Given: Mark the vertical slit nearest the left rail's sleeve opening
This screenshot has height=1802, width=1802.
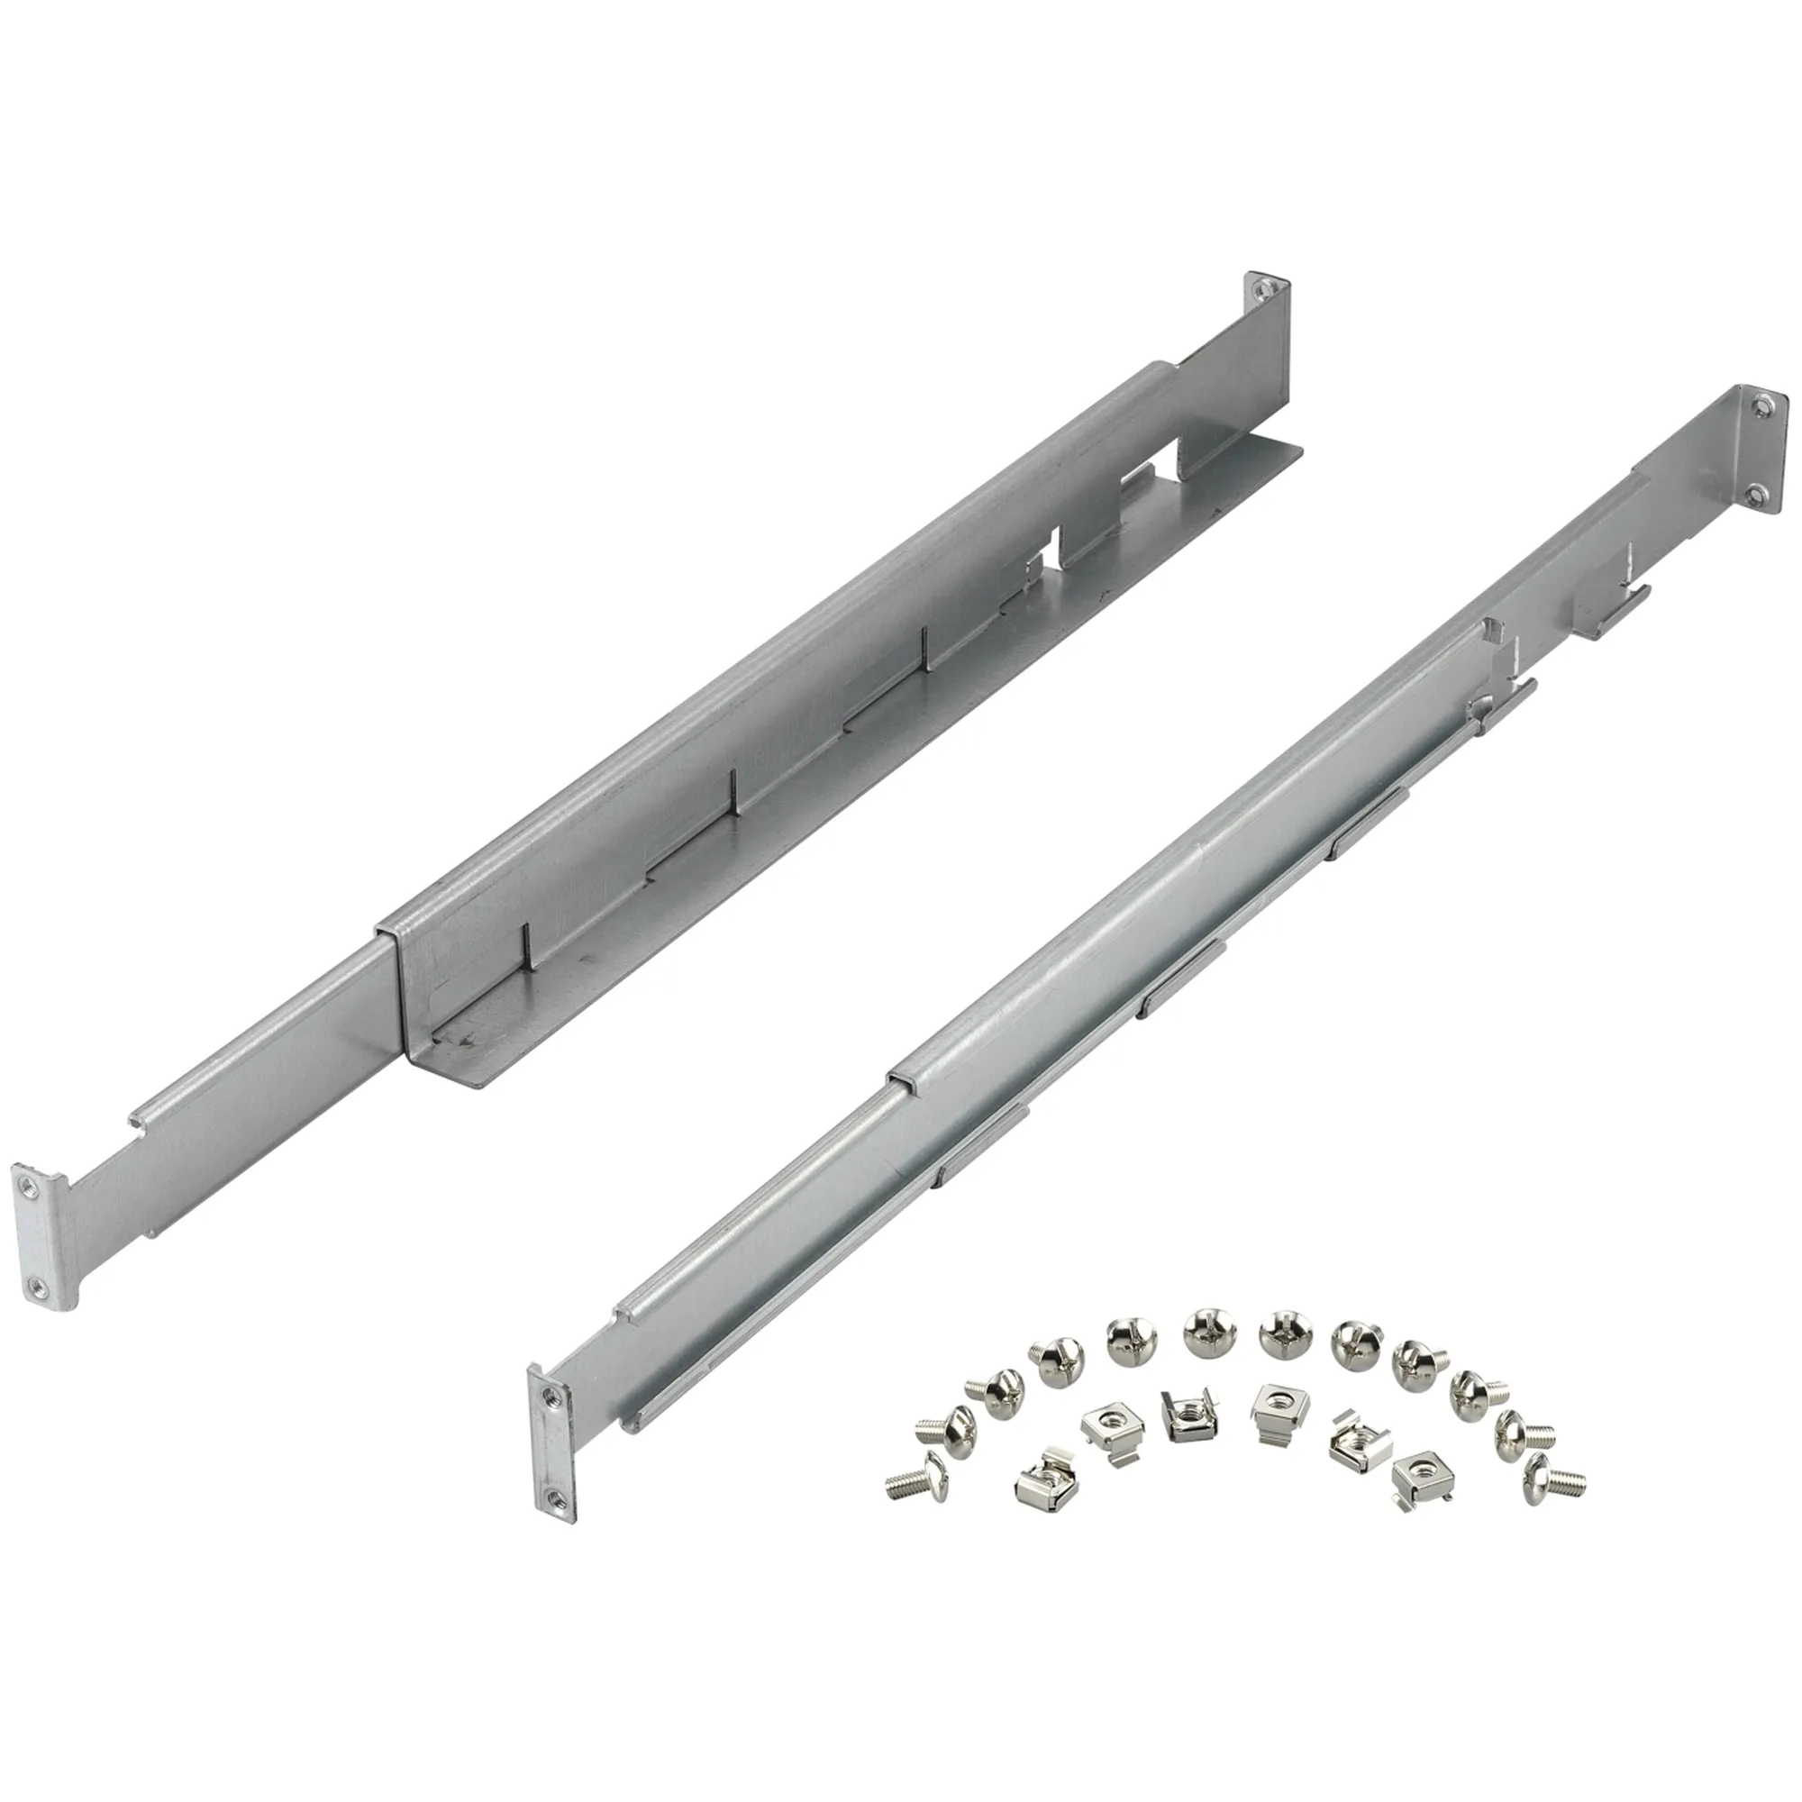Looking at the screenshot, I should click(525, 942).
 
